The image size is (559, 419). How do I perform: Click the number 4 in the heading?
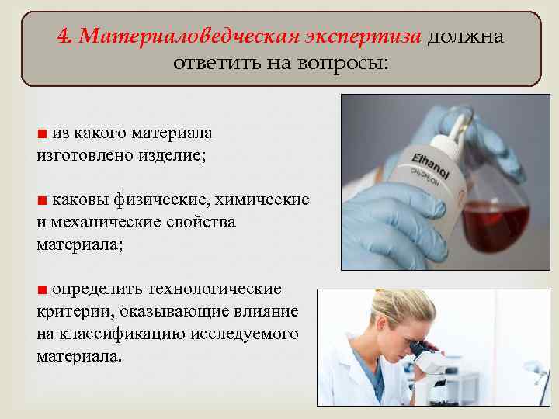(63, 37)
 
